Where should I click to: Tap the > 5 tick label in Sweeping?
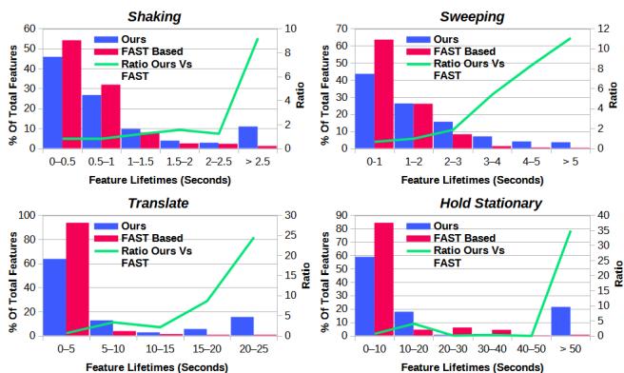coord(568,162)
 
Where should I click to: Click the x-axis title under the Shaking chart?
coord(152,178)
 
